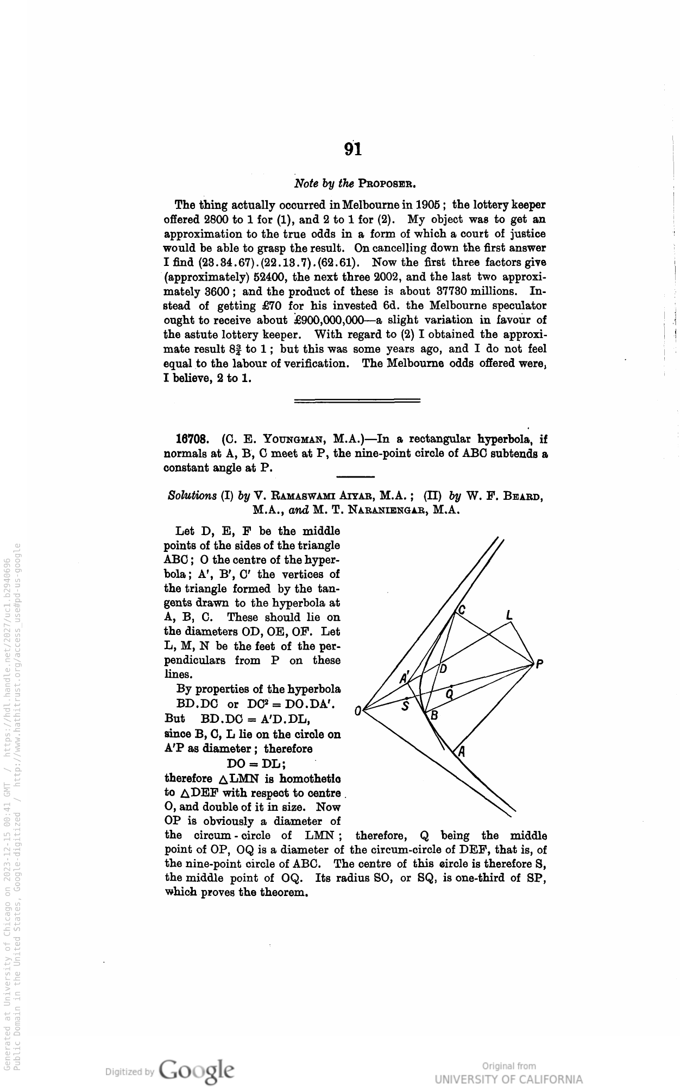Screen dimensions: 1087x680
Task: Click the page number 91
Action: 352,149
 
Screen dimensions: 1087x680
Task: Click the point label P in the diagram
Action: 539,663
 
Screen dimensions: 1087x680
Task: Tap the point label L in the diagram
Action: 509,615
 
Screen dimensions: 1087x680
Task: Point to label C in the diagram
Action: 462,611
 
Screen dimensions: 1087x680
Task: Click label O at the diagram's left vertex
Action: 357,710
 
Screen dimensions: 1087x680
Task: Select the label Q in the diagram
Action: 450,694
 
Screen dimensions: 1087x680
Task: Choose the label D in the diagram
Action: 443,669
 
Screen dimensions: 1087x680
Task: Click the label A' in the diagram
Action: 405,677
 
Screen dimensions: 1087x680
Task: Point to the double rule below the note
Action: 357,401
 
